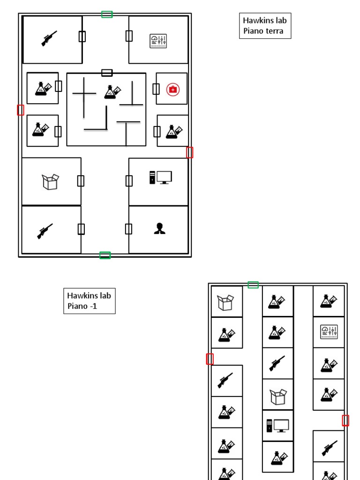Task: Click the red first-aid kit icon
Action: point(173,89)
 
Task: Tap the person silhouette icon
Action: point(159,228)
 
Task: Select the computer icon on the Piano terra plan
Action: point(161,178)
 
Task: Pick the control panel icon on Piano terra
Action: point(158,41)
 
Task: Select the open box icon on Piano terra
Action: point(51,181)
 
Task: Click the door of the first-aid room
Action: point(156,89)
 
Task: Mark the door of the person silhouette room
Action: point(128,229)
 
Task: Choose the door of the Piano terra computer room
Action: point(129,180)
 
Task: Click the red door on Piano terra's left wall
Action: point(21,110)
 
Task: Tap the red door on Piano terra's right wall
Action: point(189,152)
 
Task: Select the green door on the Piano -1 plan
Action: point(253,285)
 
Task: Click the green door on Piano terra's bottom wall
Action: point(105,255)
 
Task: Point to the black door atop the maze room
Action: point(107,73)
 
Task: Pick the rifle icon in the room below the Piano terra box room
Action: point(45,231)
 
